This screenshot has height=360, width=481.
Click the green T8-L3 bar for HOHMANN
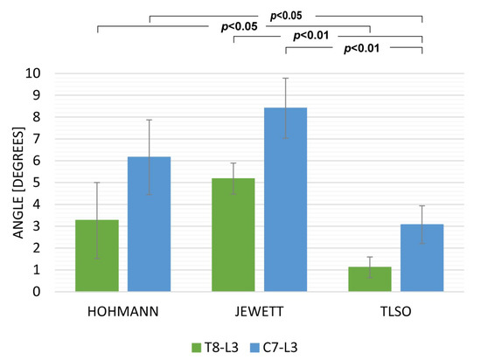click(97, 255)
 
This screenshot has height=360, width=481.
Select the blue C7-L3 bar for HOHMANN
click(149, 224)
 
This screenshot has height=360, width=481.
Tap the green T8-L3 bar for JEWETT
click(234, 235)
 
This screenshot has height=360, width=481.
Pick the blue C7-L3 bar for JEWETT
click(286, 199)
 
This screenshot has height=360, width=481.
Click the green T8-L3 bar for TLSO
click(370, 279)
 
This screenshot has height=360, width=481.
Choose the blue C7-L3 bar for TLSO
click(422, 258)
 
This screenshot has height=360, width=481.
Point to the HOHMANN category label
click(123, 312)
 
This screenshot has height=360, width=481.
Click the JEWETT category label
click(259, 312)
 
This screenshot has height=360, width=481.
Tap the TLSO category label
click(395, 312)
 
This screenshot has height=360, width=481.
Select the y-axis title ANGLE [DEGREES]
click(18, 183)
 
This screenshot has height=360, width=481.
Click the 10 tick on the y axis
click(33, 73)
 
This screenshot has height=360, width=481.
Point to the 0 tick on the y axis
click(37, 291)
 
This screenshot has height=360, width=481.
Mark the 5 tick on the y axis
click(37, 183)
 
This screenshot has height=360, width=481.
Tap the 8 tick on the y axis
click(37, 117)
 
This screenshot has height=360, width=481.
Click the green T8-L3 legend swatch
click(196, 348)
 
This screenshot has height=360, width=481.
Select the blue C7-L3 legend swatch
click(254, 348)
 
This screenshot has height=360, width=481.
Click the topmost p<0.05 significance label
click(286, 16)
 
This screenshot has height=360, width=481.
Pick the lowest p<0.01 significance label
click(362, 48)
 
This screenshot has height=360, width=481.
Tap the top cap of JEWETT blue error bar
click(286, 79)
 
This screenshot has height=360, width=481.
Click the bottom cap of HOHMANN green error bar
click(97, 259)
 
